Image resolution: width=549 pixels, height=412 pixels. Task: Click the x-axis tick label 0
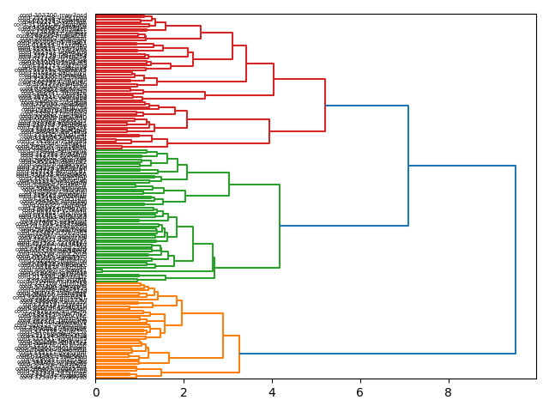pos(95,392)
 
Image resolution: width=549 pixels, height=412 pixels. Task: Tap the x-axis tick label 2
pos(184,392)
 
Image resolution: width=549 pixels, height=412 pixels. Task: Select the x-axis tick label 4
pos(272,392)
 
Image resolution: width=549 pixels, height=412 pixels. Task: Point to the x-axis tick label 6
pos(359,392)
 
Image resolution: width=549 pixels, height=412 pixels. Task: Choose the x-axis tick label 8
pos(448,392)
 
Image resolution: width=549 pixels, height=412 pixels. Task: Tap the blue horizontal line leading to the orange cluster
pos(377,353)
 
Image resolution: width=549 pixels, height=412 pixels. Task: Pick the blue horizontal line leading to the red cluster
pos(367,106)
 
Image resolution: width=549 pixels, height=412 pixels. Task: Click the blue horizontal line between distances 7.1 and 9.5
pos(462,166)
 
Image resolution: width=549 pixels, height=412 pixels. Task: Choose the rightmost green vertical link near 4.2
pos(280,226)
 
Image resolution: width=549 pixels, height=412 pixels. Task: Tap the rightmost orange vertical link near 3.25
pos(239,353)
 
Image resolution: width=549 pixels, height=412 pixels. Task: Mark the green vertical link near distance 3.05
pos(229,184)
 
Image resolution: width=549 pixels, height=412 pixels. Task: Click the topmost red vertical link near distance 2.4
pos(201,32)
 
